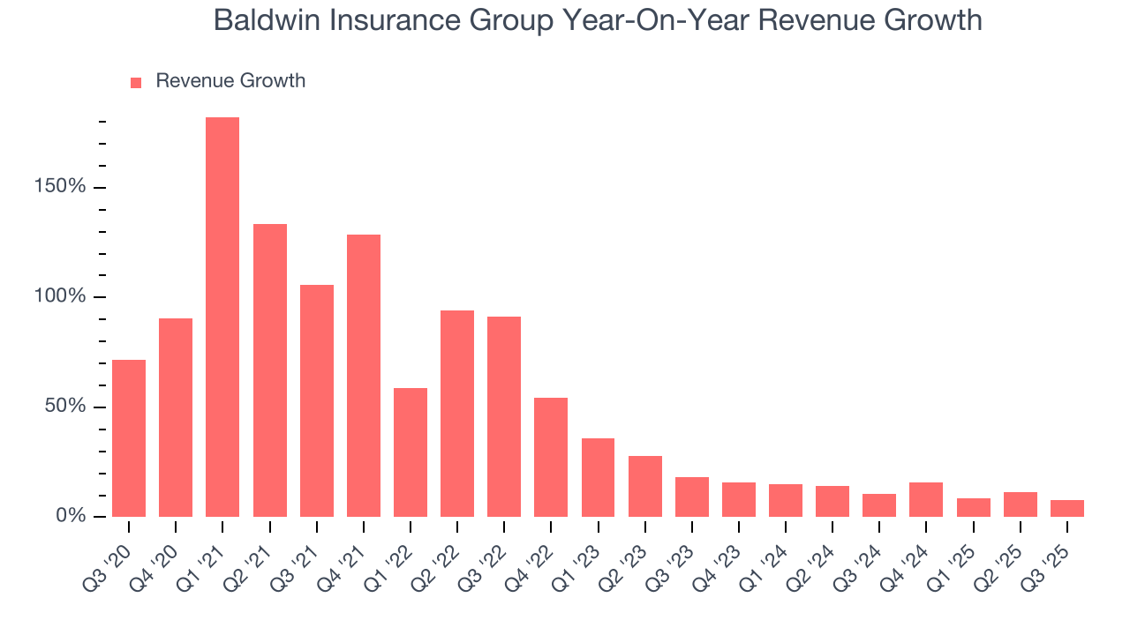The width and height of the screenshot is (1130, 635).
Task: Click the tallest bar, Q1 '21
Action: pos(222,317)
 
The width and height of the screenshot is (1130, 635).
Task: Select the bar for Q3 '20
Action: pos(129,438)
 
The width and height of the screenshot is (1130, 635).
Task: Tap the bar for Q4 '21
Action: pos(364,376)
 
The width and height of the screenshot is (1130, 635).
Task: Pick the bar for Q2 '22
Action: pos(457,414)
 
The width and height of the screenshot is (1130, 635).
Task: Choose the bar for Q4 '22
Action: pos(551,457)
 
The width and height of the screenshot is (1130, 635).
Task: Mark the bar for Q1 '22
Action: pos(411,452)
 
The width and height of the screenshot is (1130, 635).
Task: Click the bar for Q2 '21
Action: pos(270,370)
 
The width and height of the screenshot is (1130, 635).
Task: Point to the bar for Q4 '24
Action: pos(926,499)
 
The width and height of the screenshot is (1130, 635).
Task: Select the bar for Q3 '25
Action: pos(1066,508)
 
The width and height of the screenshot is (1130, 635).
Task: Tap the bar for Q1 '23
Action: pos(598,477)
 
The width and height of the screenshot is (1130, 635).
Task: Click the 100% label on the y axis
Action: pos(61,296)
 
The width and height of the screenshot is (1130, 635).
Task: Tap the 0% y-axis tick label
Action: pos(72,516)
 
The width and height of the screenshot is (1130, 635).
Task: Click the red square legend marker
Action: pos(136,83)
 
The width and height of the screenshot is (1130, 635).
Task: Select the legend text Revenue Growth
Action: pos(230,81)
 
